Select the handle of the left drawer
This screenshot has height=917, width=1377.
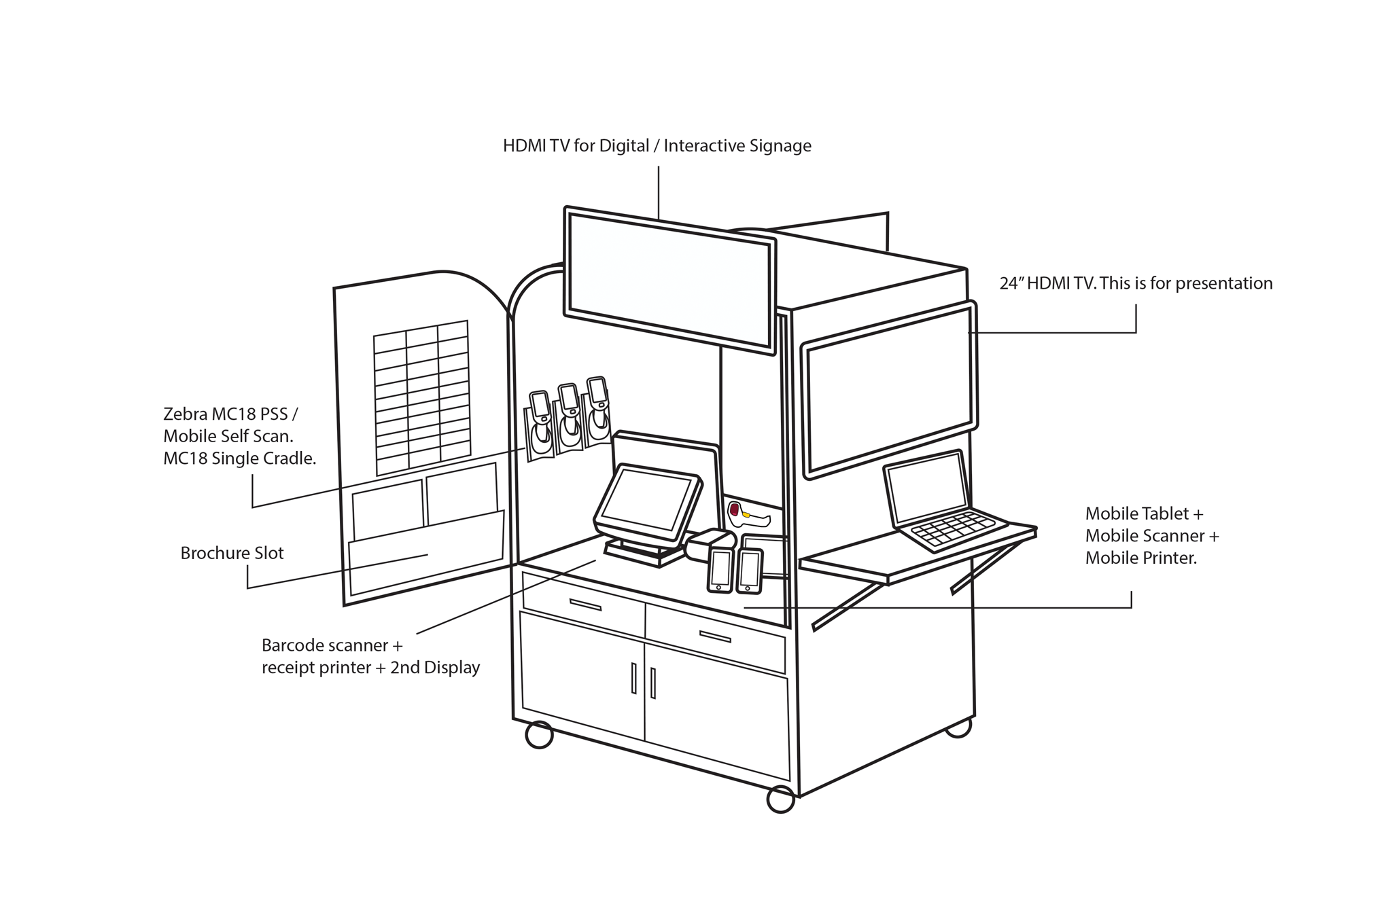click(x=585, y=605)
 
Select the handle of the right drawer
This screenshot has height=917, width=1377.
click(x=714, y=637)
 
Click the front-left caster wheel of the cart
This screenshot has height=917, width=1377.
click(x=539, y=735)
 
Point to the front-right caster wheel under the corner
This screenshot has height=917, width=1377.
click(x=780, y=799)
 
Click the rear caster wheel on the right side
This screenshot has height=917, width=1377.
click(x=958, y=728)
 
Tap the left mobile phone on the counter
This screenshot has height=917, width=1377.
click(x=720, y=569)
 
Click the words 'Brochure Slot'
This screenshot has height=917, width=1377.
click(x=232, y=553)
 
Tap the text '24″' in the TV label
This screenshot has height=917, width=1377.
click(x=1011, y=283)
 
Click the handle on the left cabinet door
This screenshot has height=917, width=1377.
click(x=633, y=678)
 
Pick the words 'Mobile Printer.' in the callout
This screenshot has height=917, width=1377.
click(x=1140, y=558)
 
